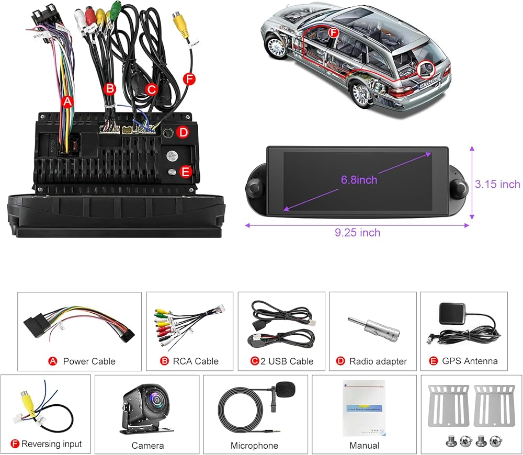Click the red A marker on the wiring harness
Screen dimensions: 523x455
coord(66,102)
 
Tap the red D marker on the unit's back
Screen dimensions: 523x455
coord(183,132)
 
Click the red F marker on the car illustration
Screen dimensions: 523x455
coord(333,32)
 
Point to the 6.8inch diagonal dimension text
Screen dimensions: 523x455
coord(359,180)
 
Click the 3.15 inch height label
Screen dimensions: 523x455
coord(497,184)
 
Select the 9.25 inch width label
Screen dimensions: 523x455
coord(358,233)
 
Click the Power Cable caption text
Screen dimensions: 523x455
coord(89,361)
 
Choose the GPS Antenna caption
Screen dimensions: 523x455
coord(470,361)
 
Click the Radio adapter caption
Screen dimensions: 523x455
coord(378,361)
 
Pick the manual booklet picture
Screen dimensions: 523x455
coord(363,408)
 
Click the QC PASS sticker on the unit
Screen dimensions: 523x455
coord(171,156)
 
